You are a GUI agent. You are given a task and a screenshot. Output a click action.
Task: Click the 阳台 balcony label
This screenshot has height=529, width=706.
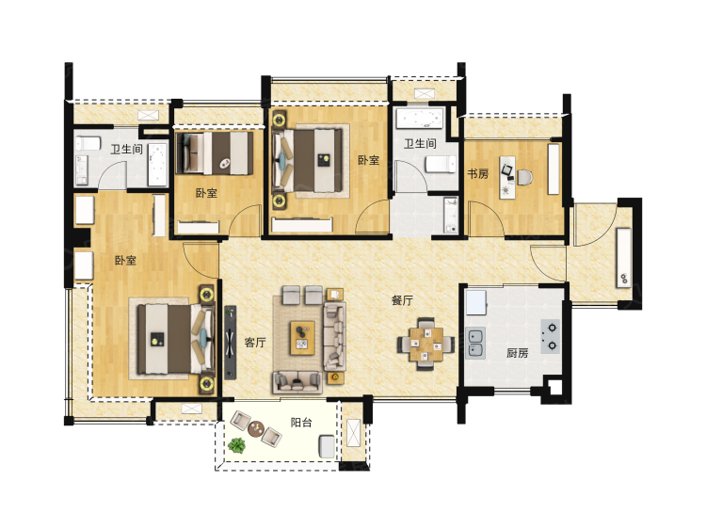pos(301,423)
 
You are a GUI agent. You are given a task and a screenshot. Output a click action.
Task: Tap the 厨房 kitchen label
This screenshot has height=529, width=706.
pos(518,353)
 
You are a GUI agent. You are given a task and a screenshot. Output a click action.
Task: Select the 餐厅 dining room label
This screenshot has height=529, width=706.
pos(402,300)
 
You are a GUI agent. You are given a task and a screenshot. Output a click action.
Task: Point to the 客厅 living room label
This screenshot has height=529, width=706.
pos(255,343)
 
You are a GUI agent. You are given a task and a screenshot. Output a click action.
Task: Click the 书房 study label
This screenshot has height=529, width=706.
pos(477,173)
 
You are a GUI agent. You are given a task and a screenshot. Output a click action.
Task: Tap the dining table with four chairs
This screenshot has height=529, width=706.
pos(425,344)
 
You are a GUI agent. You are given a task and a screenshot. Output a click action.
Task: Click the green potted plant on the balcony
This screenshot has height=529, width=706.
pos(236,445)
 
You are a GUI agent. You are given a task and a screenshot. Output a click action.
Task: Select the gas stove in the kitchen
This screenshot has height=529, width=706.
pos(551,337)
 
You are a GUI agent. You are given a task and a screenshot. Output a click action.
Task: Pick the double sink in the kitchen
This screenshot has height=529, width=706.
pos(475,343)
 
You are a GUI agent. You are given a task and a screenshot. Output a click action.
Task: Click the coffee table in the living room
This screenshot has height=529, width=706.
pos(302,338)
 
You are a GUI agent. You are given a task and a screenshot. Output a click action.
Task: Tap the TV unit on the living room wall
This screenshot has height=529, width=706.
pos(230,343)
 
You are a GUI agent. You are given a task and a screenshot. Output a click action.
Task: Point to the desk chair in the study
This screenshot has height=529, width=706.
pos(523,177)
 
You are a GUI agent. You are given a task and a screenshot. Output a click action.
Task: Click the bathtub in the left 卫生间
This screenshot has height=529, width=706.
pos(157,165)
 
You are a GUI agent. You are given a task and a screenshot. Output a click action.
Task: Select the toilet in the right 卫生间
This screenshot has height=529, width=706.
pos(441,165)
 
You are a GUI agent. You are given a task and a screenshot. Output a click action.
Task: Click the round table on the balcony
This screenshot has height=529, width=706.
pos(256,428)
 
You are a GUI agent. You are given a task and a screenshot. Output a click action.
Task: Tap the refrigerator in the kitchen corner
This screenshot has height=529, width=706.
pos(476,302)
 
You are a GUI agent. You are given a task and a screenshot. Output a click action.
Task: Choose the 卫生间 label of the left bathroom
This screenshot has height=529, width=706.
pos(127,149)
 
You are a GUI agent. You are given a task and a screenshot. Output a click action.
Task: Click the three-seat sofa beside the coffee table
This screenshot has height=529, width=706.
pos(334,336)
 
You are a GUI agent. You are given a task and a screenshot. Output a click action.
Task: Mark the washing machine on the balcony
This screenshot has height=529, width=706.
pos(328,446)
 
